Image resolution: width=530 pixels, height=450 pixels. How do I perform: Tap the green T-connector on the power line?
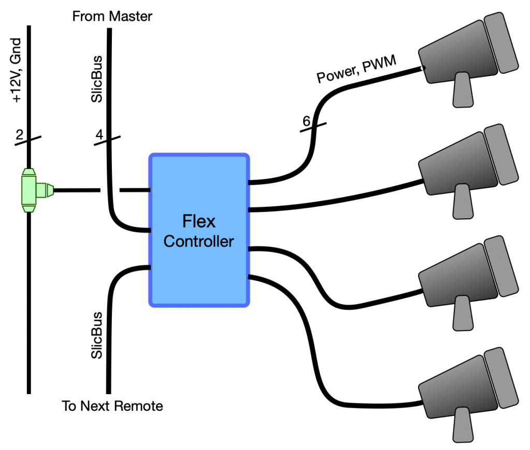(31, 190)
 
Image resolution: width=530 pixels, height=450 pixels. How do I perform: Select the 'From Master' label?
(112, 17)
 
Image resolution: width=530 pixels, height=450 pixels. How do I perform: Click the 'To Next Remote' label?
(112, 406)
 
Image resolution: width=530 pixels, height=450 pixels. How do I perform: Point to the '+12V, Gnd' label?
(18, 70)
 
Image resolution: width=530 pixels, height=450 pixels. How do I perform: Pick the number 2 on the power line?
(20, 136)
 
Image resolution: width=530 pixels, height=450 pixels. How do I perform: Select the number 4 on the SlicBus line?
(99, 136)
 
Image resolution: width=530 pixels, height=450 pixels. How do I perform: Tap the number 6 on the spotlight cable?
(306, 122)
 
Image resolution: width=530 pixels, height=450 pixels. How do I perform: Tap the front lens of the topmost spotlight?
(501, 41)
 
